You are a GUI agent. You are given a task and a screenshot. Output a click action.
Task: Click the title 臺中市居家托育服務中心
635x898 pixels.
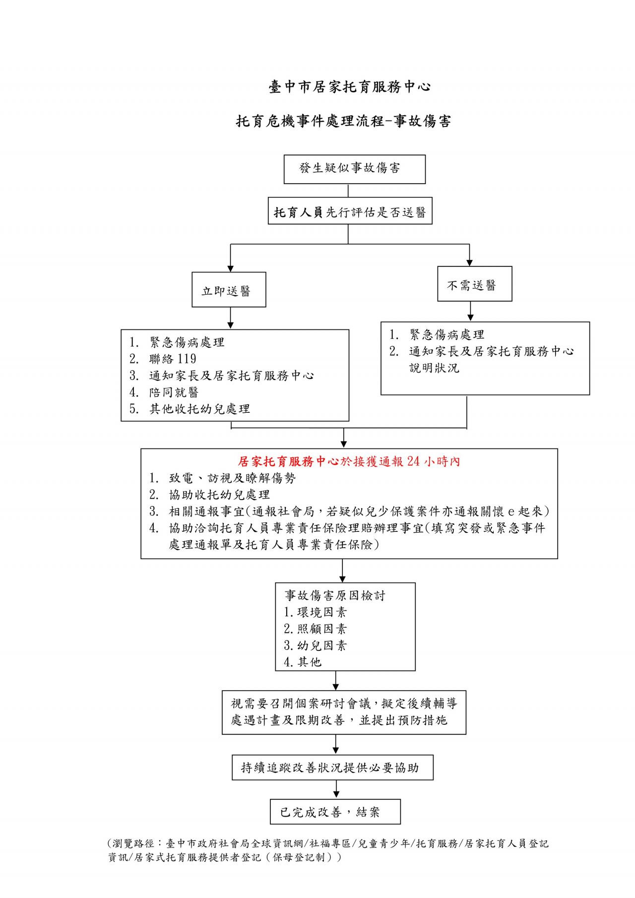coord(349,87)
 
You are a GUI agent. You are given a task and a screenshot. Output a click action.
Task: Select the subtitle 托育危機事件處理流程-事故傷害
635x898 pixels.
coord(343,121)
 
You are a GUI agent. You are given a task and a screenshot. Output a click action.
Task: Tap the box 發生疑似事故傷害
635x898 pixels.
coord(354,169)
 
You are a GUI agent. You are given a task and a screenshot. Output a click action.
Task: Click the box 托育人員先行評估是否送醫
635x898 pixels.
coord(350,212)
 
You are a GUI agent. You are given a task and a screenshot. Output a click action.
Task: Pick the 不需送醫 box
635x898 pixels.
coord(474,285)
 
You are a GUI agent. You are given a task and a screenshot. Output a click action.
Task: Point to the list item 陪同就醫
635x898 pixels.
coord(174,392)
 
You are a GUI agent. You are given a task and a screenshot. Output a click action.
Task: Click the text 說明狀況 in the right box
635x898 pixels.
coord(434,368)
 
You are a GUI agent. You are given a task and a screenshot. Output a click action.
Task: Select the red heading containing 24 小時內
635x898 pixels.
coord(349,461)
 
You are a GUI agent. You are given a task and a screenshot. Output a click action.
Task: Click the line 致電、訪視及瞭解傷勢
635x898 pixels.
coord(232,478)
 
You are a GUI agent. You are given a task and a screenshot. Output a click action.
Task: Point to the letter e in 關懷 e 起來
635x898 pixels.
coord(511,512)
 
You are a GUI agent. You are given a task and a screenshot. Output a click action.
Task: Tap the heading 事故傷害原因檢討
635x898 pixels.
coord(335,595)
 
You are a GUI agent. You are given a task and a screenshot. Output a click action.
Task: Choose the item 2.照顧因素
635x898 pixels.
coord(316,629)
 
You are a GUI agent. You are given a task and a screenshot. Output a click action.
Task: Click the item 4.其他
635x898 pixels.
coord(303,662)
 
